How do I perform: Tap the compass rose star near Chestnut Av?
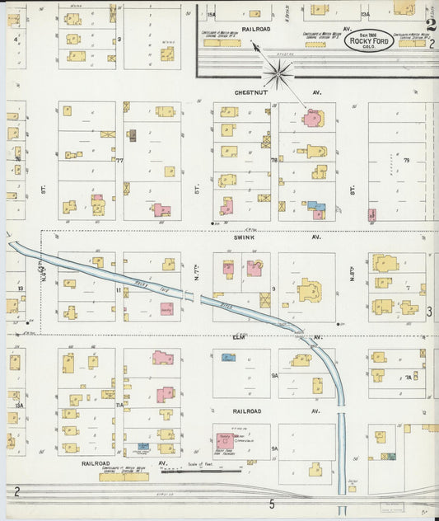(279, 76)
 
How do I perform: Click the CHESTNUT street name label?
(248, 92)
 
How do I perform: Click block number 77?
(120, 161)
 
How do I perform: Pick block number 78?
(274, 161)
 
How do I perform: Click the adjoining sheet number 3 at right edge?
(429, 312)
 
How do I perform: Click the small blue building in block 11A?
(142, 446)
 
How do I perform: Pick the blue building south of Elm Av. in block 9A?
(228, 357)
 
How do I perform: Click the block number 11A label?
(119, 405)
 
